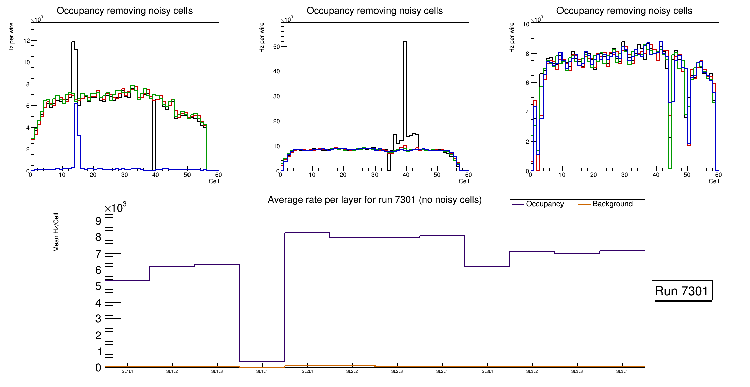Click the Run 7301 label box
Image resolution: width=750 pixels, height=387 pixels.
tap(682, 291)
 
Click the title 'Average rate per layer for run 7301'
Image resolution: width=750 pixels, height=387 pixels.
tap(374, 200)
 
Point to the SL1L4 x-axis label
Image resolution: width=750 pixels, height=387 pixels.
tap(262, 371)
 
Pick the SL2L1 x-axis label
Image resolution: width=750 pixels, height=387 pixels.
tap(307, 371)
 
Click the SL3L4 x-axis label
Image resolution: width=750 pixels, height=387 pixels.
tap(622, 371)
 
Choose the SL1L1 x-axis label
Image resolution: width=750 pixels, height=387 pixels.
tap(127, 371)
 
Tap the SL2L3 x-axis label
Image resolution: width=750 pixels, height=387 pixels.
tap(397, 371)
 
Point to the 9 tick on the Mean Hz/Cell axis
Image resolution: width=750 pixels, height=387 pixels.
tap(98, 221)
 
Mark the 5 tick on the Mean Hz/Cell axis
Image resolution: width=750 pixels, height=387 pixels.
tap(98, 286)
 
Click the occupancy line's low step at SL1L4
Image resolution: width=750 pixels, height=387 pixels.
tap(262, 362)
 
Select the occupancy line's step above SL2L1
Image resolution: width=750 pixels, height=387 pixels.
tap(307, 233)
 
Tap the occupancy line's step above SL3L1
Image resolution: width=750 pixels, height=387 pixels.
tap(487, 267)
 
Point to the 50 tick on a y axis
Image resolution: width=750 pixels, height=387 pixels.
tap(275, 47)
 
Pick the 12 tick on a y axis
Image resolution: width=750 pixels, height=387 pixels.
tap(25, 41)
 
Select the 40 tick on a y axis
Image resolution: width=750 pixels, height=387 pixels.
tap(275, 72)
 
